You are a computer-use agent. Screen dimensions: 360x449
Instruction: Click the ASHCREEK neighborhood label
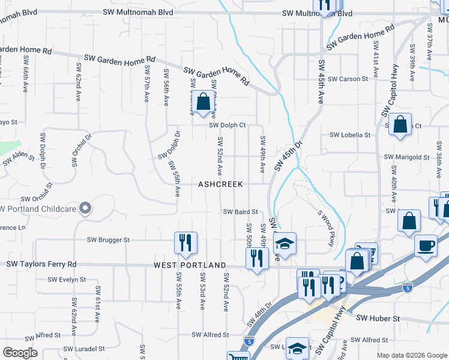click(x=220, y=185)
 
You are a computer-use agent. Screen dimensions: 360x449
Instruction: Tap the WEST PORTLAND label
click(x=190, y=265)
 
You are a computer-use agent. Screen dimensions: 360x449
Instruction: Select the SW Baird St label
click(x=240, y=212)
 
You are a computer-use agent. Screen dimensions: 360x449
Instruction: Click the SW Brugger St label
click(x=108, y=240)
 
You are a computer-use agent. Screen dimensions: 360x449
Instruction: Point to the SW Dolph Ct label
click(x=228, y=125)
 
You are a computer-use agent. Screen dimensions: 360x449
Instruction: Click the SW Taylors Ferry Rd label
click(x=41, y=264)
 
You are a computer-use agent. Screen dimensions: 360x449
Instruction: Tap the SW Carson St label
click(x=349, y=79)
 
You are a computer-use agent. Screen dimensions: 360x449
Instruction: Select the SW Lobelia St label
click(x=349, y=135)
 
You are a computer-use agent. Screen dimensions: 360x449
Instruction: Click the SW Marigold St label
click(x=408, y=157)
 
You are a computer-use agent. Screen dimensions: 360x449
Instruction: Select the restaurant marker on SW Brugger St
click(x=185, y=242)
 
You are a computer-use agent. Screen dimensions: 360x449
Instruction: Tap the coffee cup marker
click(x=426, y=246)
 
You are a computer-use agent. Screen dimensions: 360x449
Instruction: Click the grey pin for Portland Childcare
click(x=85, y=208)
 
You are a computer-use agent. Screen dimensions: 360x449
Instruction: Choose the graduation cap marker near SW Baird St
click(x=285, y=244)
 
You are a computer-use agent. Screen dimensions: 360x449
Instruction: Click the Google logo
click(x=20, y=353)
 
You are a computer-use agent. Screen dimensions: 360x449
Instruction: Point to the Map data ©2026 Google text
click(x=411, y=355)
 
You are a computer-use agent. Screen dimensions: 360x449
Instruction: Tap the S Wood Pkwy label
click(x=325, y=227)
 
